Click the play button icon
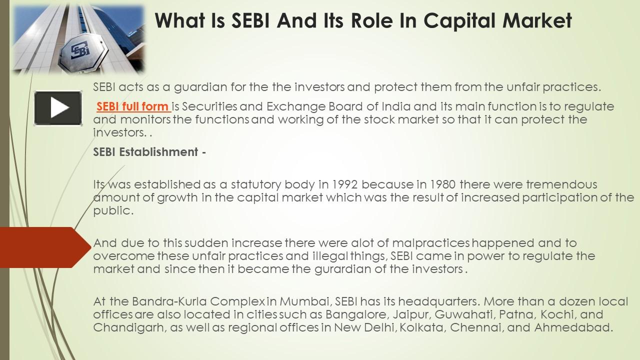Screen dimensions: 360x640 coord(58,108)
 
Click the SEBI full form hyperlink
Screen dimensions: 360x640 coord(132,106)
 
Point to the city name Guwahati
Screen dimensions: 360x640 coord(463,315)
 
